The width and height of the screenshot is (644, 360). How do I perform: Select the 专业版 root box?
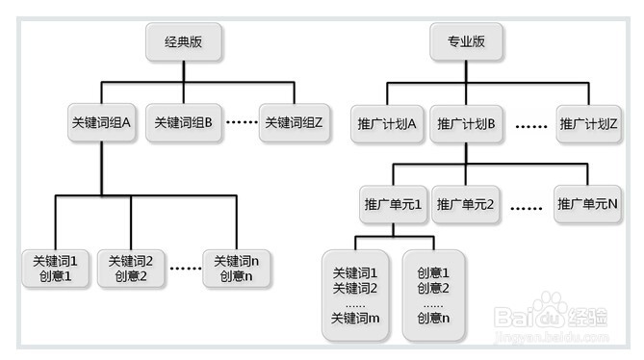click(466, 42)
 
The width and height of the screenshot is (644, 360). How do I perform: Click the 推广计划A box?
click(385, 124)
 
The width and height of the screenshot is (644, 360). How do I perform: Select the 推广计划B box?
click(466, 124)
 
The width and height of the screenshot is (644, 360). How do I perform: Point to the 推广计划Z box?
click(587, 124)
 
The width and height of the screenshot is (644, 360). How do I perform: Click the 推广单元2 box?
click(466, 204)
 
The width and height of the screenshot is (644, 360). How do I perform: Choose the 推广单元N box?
click(587, 204)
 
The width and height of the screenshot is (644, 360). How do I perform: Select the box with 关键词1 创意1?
click(55, 269)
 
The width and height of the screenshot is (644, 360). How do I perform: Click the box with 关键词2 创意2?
click(130, 269)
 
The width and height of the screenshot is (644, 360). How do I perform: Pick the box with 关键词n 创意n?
click(236, 269)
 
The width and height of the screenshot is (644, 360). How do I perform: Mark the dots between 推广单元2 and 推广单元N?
click(528, 205)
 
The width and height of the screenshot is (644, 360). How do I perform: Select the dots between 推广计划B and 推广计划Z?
click(530, 125)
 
